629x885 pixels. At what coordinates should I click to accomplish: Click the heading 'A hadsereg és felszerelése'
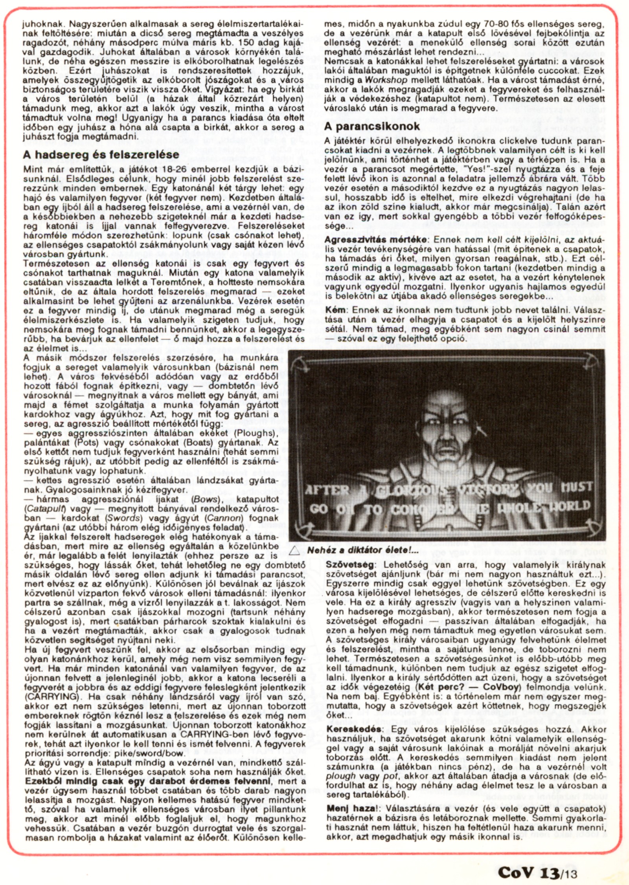tap(101, 154)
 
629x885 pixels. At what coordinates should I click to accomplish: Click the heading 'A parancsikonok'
tap(372, 126)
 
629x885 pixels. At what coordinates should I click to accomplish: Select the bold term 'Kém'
tap(334, 310)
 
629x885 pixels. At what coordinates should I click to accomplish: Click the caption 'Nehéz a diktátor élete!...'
tap(363, 550)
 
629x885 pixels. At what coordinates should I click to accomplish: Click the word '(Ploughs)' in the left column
tap(257, 433)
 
